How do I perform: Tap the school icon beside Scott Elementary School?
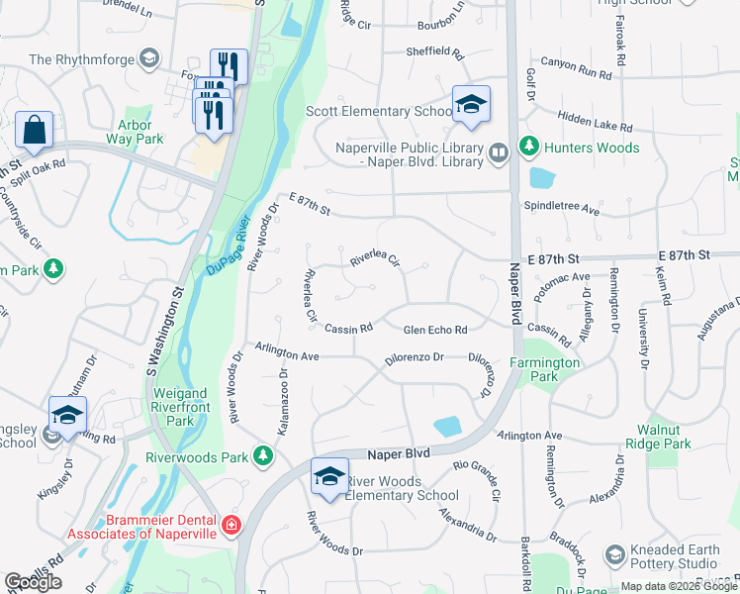point(471,105)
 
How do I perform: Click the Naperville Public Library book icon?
point(499,151)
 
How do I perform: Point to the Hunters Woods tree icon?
point(529,148)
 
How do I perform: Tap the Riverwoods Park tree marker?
point(262,455)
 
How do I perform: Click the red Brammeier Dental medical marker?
point(231,524)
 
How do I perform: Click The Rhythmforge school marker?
point(147,59)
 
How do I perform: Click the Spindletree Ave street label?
point(562,211)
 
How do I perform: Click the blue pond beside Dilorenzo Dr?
point(447,426)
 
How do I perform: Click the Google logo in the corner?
point(34,582)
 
